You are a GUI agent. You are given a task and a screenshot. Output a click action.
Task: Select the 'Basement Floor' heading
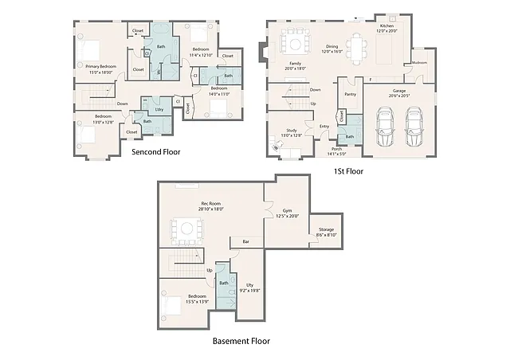[x=241, y=341]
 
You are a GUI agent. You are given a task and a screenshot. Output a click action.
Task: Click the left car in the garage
[x=385, y=127]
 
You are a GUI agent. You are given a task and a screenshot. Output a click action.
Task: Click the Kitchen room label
[x=386, y=25]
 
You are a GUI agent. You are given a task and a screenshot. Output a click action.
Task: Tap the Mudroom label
[x=419, y=62]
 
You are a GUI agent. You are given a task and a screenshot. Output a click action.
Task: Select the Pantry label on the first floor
[x=350, y=94]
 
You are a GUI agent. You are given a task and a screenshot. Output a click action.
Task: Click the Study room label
[x=291, y=131]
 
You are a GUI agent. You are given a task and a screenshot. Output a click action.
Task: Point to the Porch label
[x=337, y=149]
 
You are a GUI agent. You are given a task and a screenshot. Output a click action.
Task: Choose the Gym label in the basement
[x=286, y=211]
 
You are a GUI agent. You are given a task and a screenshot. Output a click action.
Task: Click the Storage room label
[x=326, y=229]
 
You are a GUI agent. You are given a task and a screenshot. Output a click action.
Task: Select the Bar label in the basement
[x=245, y=241]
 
